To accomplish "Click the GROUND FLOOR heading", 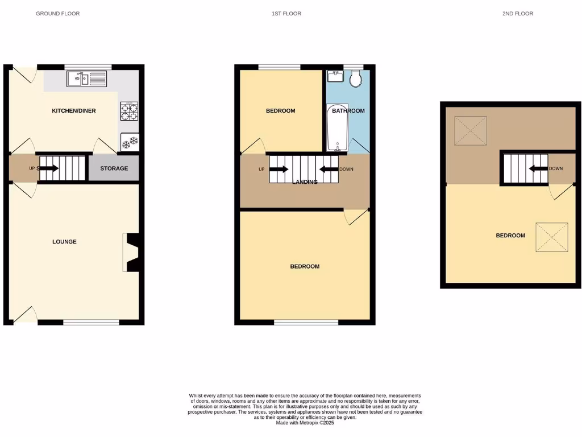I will (x=57, y=13).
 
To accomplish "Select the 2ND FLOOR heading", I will (x=518, y=13).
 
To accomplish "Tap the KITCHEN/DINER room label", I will (x=74, y=110).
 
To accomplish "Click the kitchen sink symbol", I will (x=86, y=79).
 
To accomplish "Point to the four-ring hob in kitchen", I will (x=129, y=111).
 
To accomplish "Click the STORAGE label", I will (x=114, y=168).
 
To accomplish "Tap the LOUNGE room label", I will (x=64, y=241).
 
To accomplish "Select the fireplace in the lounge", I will (x=131, y=252).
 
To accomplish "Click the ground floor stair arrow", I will (x=48, y=168).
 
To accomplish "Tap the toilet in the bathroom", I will (x=356, y=79).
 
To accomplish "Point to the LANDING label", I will (x=305, y=182).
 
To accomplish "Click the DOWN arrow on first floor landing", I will (x=329, y=169).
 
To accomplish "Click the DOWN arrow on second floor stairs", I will (x=538, y=168).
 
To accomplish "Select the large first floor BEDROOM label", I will (x=305, y=266).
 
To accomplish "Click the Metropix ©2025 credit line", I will (x=305, y=423).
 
